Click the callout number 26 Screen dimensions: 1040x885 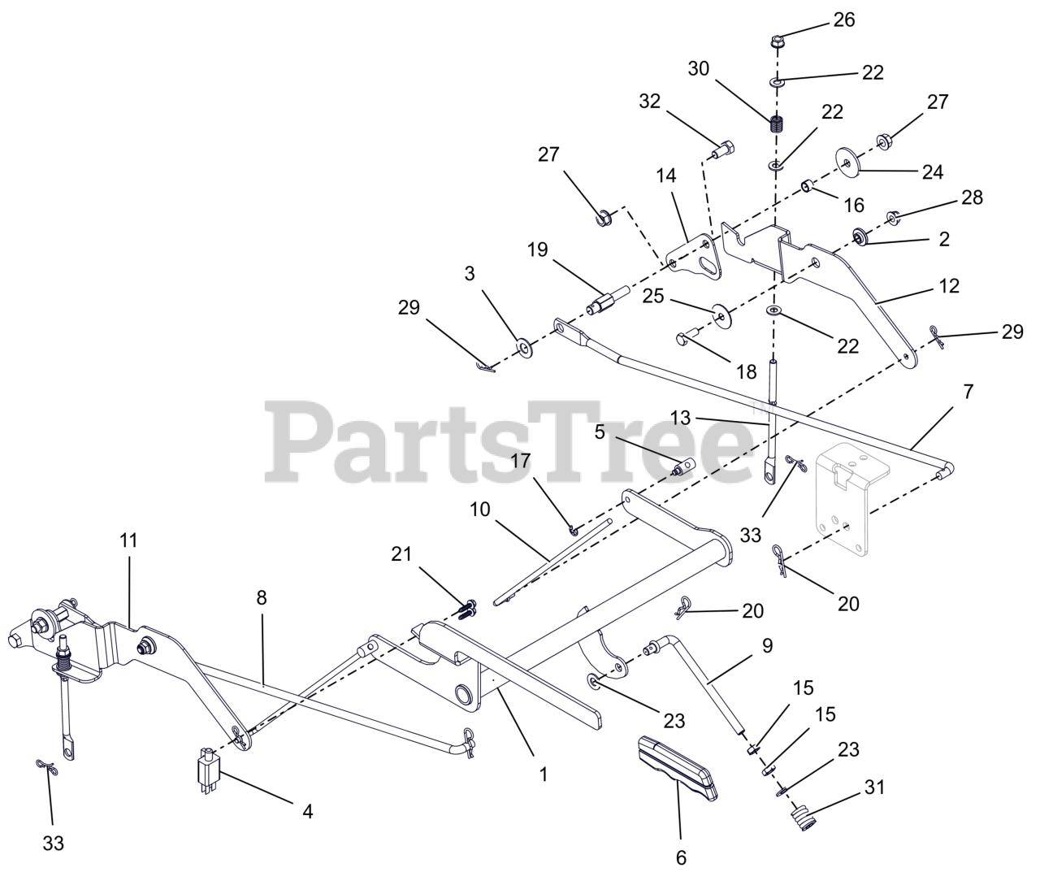844,20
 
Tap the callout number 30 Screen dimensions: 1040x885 698,69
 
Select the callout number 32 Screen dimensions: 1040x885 650,102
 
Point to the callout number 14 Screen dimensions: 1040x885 666,176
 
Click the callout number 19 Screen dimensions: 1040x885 537,249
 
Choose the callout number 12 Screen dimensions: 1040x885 948,286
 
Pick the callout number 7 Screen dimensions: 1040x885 967,391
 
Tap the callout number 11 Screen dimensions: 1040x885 129,540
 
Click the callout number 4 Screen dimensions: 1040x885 307,810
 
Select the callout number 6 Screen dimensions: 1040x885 681,857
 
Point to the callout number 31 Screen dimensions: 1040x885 874,787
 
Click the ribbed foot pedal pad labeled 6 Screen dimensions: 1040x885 676,765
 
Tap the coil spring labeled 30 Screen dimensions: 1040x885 778,124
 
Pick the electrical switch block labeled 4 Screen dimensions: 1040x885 207,768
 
